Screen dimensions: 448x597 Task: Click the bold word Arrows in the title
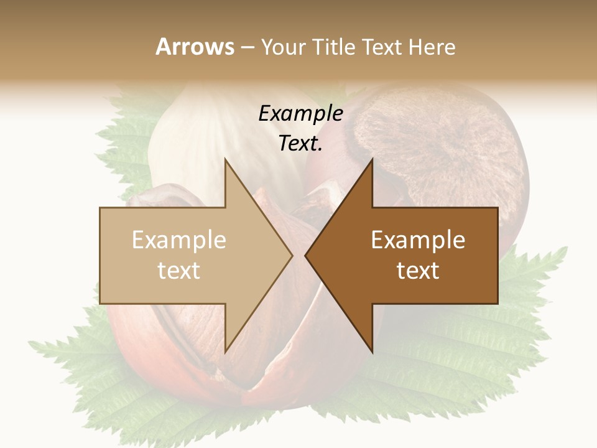click(195, 47)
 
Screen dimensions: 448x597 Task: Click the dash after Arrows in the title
click(247, 47)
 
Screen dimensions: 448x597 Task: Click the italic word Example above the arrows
click(300, 114)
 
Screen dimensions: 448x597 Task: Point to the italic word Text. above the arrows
click(300, 144)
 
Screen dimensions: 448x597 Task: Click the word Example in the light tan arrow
click(179, 240)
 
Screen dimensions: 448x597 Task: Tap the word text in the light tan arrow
click(179, 271)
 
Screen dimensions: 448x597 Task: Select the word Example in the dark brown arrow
click(418, 240)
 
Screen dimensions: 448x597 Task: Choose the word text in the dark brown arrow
click(418, 271)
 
